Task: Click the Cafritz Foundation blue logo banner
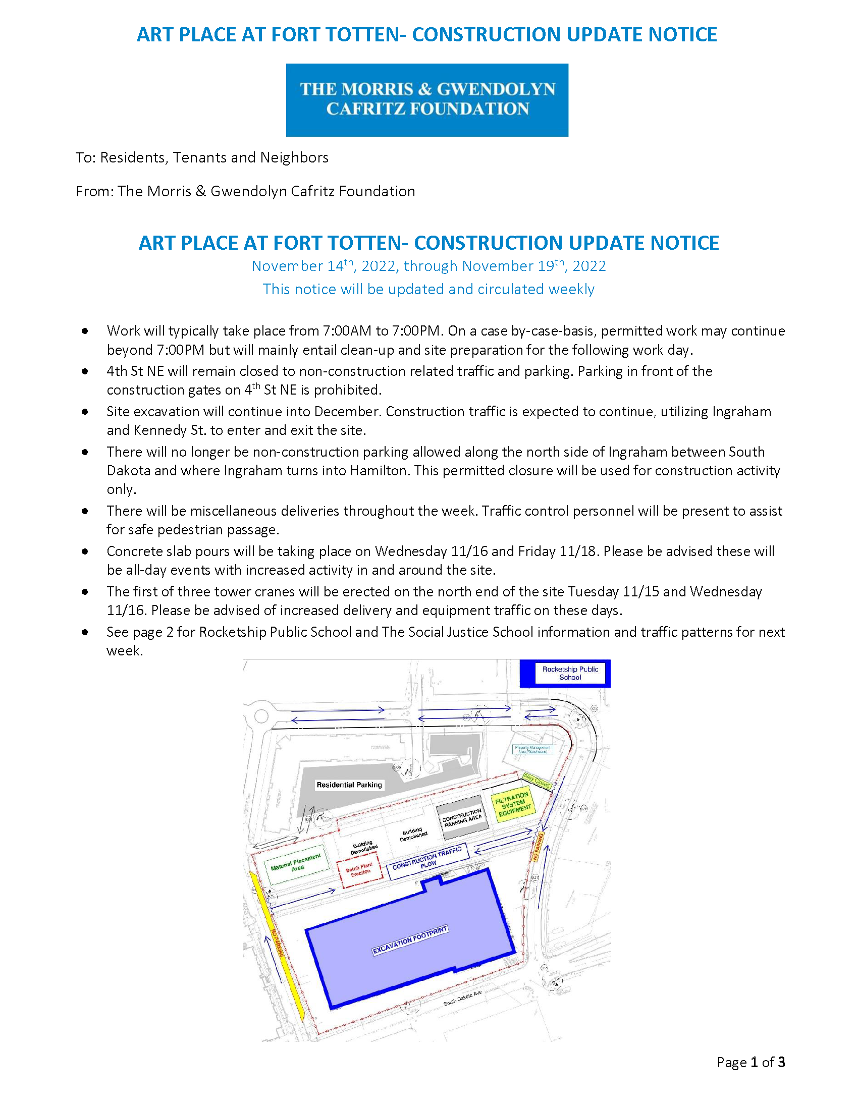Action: (x=427, y=99)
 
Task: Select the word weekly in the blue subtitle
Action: (x=571, y=289)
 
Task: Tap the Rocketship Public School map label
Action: (x=570, y=673)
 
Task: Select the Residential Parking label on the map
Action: (x=349, y=785)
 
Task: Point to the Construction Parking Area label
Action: (x=462, y=818)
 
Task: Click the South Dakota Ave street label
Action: (x=462, y=998)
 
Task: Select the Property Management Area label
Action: (x=532, y=749)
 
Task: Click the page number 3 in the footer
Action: (x=781, y=1062)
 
